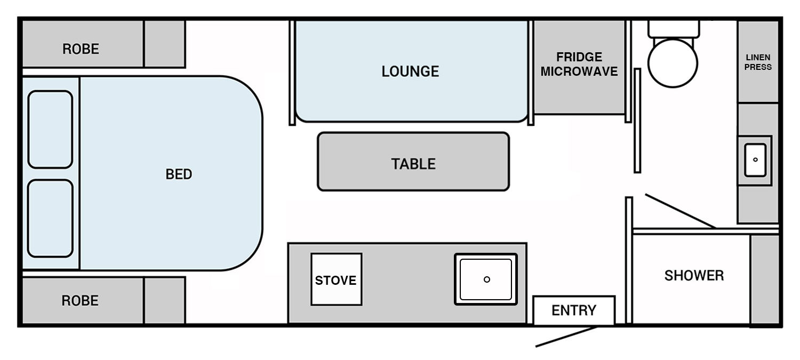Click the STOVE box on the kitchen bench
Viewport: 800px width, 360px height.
[x=337, y=279]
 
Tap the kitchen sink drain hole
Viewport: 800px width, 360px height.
[x=487, y=279]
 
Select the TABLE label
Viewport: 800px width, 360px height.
[x=413, y=164]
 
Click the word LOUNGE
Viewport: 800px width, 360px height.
[x=410, y=71]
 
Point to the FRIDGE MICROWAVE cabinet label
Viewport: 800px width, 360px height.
[x=579, y=65]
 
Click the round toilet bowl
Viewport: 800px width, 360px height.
[x=673, y=63]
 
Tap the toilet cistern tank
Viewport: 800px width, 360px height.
[x=674, y=29]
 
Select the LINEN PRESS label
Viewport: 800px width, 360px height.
[x=758, y=62]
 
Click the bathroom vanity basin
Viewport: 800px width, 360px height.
[x=755, y=160]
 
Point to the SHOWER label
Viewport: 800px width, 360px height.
[x=694, y=275]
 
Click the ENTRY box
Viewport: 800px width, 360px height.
[x=574, y=310]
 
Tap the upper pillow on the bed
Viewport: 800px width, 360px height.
[x=50, y=129]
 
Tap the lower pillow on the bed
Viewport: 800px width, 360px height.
[x=50, y=218]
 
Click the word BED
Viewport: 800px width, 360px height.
[x=179, y=174]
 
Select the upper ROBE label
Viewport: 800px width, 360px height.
[x=81, y=49]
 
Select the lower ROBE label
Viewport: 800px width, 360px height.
[x=80, y=301]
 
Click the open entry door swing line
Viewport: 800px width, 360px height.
[x=566, y=337]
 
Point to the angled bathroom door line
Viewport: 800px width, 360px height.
[x=681, y=211]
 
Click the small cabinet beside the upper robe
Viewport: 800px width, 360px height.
[x=165, y=44]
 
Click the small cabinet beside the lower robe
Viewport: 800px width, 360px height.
[x=165, y=301]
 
